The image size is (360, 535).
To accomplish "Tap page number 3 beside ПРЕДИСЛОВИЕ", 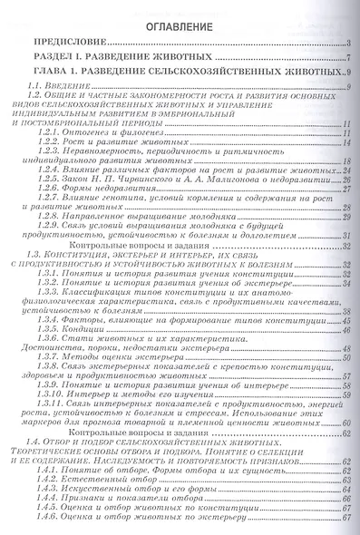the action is point(349,44).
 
